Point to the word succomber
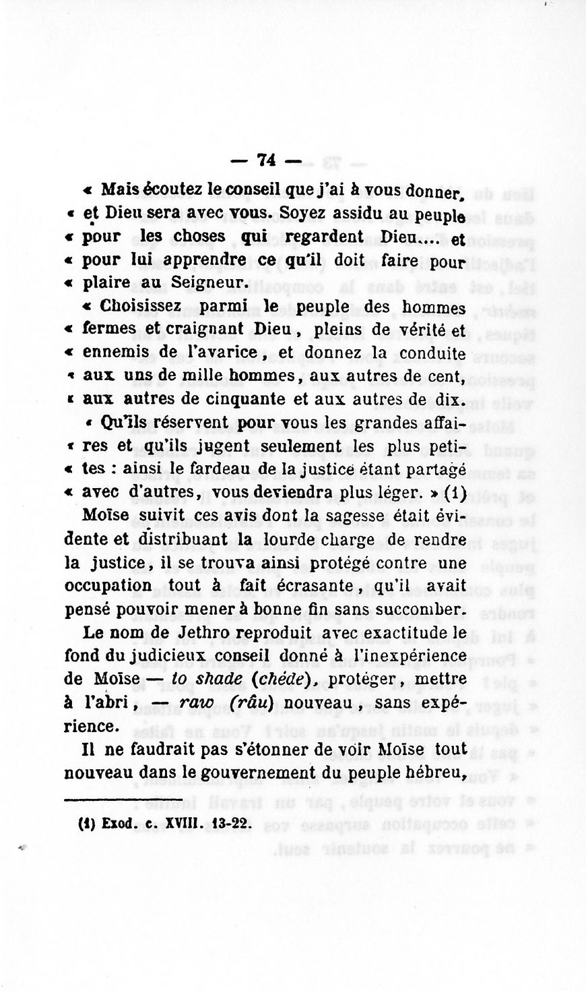click(424, 609)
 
